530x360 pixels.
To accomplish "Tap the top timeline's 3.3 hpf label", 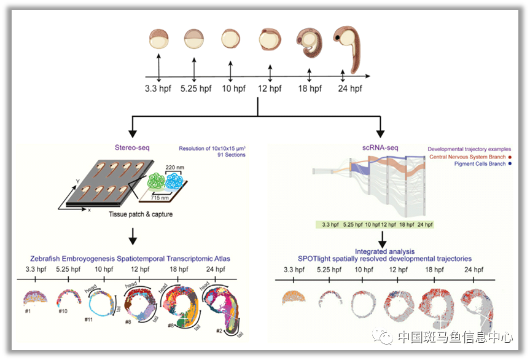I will pos(158,88).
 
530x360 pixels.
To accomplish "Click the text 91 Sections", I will pos(232,155).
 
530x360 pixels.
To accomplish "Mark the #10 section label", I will pos(63,311).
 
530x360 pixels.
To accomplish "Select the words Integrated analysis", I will pos(384,251).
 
